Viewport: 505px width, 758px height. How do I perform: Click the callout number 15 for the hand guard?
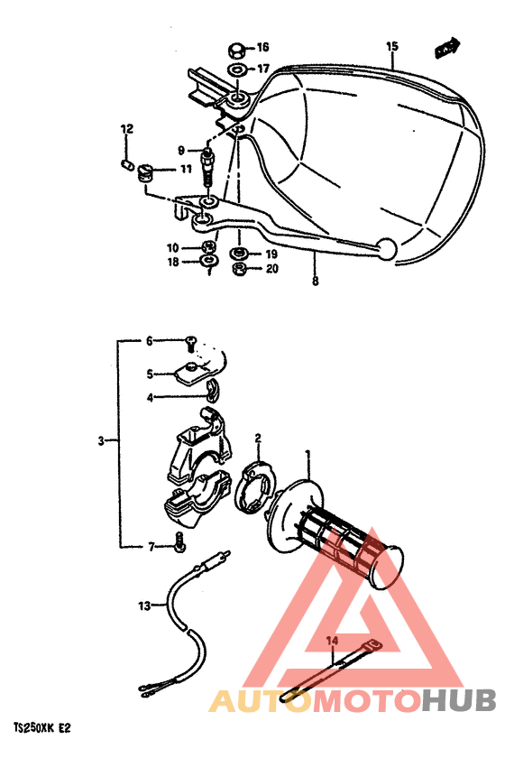click(391, 46)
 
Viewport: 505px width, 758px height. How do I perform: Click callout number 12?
click(127, 130)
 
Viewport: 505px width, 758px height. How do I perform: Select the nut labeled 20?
click(240, 269)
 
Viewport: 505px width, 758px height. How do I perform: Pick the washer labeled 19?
click(240, 254)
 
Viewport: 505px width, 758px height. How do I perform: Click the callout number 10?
click(171, 246)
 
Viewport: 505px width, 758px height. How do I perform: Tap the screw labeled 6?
click(191, 341)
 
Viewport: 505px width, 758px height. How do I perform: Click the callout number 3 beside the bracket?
click(101, 441)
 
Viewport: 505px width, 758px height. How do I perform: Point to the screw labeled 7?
click(182, 544)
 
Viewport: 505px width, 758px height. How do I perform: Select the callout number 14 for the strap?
click(331, 640)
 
